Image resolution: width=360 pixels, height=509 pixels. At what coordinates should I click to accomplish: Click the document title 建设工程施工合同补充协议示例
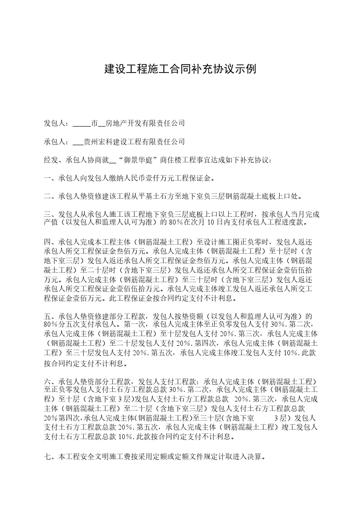click(x=181, y=69)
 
